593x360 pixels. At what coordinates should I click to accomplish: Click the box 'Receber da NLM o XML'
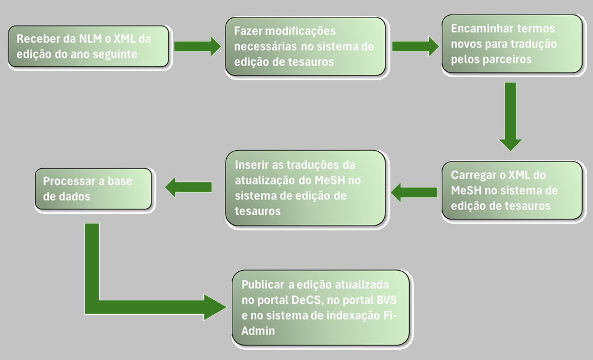[89, 46]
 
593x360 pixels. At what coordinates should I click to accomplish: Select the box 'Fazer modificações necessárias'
[305, 46]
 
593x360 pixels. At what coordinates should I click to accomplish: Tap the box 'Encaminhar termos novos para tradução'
[512, 44]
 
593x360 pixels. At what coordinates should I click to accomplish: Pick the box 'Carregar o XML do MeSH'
[512, 190]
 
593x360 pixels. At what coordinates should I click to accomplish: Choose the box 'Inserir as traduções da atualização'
[305, 188]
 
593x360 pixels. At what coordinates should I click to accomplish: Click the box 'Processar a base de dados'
[93, 189]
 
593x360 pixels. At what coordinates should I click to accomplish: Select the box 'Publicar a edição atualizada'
[320, 308]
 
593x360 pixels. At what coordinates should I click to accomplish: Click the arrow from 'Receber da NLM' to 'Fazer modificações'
[197, 46]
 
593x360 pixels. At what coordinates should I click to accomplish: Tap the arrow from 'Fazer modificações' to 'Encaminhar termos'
[416, 46]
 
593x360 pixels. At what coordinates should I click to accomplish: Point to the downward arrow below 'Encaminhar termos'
[510, 116]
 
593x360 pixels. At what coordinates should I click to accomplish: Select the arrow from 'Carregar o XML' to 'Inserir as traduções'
[414, 192]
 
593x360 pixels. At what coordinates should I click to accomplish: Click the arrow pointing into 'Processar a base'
[188, 187]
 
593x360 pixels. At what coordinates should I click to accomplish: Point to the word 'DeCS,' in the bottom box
[308, 300]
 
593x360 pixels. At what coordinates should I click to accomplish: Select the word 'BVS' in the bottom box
[387, 300]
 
